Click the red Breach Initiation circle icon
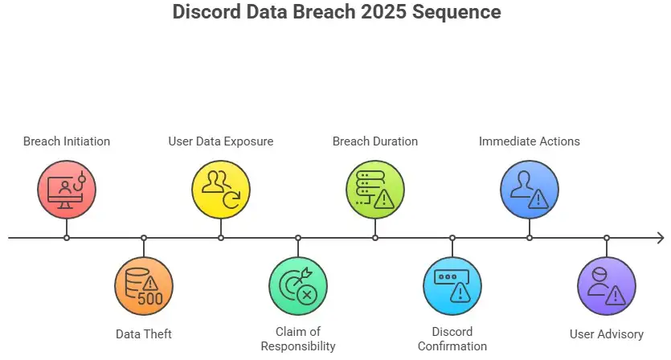click(67, 190)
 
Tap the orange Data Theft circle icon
click(144, 286)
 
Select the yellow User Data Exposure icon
click(221, 190)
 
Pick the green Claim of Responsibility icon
click(298, 286)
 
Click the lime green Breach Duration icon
click(375, 190)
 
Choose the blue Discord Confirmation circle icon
click(452, 286)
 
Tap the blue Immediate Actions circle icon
click(530, 190)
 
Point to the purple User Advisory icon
click(607, 286)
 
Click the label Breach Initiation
click(67, 141)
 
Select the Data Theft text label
click(144, 334)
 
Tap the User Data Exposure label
click(221, 141)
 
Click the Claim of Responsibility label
click(298, 339)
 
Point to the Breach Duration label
click(375, 141)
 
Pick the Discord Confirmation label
click(452, 339)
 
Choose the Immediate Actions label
click(530, 141)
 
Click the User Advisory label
click(607, 334)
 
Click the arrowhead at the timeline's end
click(660, 238)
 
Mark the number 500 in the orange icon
click(150, 299)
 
